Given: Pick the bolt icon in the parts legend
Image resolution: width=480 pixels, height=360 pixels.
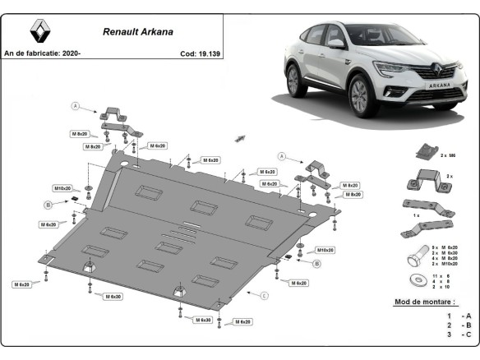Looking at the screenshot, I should [416, 256].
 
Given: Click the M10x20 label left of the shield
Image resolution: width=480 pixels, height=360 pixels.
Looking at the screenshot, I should [62, 188].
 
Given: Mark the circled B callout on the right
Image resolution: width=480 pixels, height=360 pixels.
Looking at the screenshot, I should [316, 263].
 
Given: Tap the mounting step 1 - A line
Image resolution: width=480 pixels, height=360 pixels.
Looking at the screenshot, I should [459, 316].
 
